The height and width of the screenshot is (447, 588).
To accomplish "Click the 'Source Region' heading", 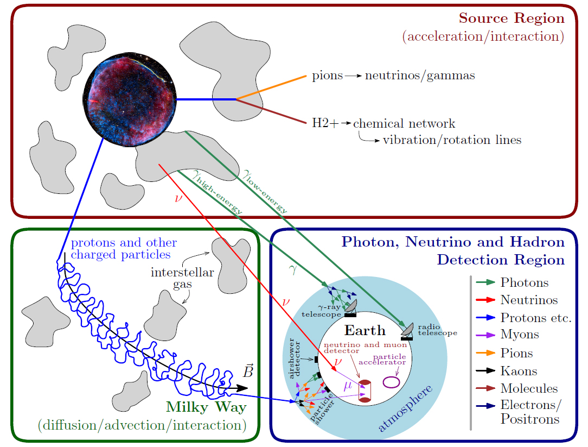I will coord(512,18).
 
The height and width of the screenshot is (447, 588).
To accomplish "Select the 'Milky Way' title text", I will coord(206,407).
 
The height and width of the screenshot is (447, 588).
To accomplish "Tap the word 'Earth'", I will coord(365,330).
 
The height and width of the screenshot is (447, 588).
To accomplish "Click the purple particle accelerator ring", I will coord(392,382).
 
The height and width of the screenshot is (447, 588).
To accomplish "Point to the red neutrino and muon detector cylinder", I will coord(365,391).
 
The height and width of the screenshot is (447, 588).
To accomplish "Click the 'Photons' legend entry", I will coord(524,282).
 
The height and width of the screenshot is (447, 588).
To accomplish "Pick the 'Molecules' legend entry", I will coord(529,389).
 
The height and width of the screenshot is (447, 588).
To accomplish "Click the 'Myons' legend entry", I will coord(520,335).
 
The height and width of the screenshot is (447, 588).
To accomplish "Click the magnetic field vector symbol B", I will coord(248,372).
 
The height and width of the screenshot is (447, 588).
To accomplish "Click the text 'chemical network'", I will coord(404,124).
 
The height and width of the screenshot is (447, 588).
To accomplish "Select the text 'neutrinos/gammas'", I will coord(420,75).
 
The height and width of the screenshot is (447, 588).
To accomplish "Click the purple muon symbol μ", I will coord(348,386).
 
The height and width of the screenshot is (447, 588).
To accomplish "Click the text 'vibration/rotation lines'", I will coord(452,140).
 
